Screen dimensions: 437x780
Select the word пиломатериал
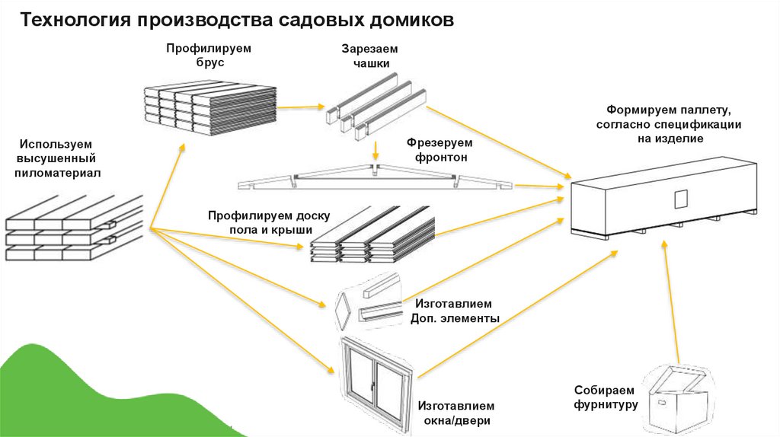[58, 174]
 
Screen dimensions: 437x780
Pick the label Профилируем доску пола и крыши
[264, 222]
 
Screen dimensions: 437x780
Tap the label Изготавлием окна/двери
[456, 413]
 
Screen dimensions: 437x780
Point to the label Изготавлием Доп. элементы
[455, 311]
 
